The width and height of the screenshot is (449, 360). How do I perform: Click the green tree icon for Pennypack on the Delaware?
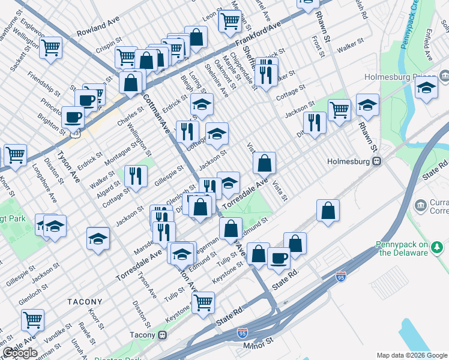[x=437, y=247]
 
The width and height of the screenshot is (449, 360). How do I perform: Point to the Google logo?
[x=20, y=353]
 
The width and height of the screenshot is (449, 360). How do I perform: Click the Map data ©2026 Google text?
[x=412, y=355]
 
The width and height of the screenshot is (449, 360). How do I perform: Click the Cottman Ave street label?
[x=152, y=112]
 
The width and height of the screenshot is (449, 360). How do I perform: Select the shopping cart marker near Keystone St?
[x=203, y=302]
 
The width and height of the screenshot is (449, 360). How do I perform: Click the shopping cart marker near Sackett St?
[x=51, y=47]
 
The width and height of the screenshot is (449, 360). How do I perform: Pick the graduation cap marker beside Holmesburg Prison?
[x=426, y=89]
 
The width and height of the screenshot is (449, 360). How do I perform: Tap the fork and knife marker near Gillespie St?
[x=136, y=175]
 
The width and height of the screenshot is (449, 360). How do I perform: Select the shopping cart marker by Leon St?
[x=230, y=21]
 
